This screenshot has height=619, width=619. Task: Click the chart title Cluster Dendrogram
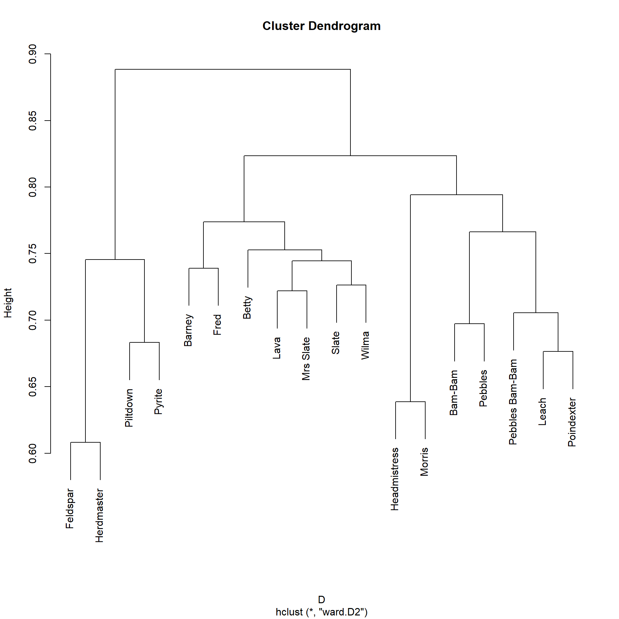click(x=321, y=26)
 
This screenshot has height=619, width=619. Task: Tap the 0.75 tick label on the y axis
click(x=33, y=253)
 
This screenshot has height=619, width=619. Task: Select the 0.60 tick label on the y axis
click(x=33, y=453)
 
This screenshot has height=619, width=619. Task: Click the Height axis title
click(x=8, y=303)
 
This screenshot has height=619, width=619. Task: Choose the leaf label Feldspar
click(x=70, y=508)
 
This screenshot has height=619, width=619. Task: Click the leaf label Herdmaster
click(x=100, y=515)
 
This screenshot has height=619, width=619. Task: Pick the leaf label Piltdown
click(x=129, y=408)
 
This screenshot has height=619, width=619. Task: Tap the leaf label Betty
click(x=247, y=307)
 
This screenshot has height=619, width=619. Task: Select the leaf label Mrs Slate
click(x=306, y=359)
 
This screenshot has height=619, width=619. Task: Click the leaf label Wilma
click(x=365, y=345)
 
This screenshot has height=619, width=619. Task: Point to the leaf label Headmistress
click(x=395, y=479)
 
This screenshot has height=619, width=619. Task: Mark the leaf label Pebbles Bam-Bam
click(x=513, y=402)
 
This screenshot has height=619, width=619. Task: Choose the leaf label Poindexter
click(x=572, y=422)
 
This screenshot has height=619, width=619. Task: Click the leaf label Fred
click(x=218, y=324)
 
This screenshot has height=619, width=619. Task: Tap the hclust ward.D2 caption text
click(x=321, y=612)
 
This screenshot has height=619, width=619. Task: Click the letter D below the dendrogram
click(x=321, y=599)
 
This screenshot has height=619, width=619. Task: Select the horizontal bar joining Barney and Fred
click(x=203, y=268)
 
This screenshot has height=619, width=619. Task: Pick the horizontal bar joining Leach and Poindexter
click(x=558, y=351)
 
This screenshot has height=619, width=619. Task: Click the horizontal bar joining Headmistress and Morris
click(x=410, y=402)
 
